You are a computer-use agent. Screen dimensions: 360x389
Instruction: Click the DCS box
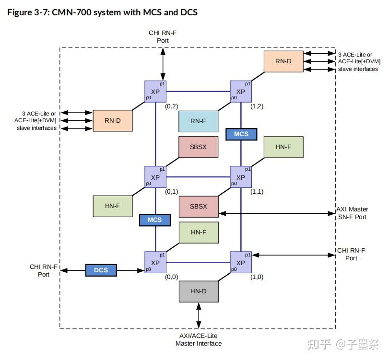pos(101,270)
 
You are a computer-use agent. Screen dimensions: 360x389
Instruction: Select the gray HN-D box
pos(198,291)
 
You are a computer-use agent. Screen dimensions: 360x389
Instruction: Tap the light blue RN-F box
pos(198,121)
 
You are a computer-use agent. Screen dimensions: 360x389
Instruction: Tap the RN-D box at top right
pos(283,61)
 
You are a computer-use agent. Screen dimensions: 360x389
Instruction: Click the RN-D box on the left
pos(112,121)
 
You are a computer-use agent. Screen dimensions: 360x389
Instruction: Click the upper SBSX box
pos(198,147)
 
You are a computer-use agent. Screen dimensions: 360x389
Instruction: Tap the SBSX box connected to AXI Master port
pos(198,207)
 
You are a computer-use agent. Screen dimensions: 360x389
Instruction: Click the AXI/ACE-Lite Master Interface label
pos(198,339)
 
